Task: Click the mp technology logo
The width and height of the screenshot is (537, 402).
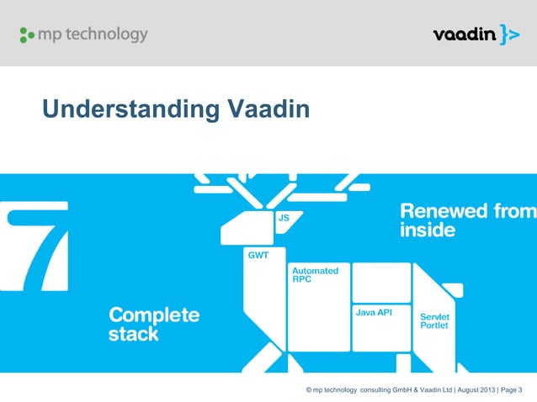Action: tap(83, 35)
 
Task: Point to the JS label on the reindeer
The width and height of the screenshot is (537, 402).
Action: tap(284, 218)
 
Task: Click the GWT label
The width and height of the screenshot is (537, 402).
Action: tap(257, 255)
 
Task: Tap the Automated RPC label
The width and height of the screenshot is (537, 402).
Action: tap(315, 275)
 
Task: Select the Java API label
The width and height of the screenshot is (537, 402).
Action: tap(372, 313)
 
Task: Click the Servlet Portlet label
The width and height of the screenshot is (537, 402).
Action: tap(434, 321)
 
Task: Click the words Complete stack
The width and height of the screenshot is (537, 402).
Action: tap(154, 325)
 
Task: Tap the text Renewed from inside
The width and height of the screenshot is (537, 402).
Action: tap(465, 220)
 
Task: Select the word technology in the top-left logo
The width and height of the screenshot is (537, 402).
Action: tap(106, 35)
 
